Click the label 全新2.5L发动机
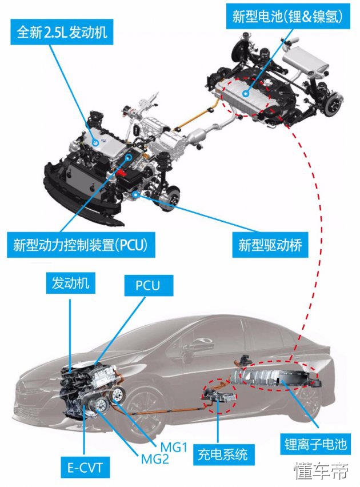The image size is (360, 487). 62,33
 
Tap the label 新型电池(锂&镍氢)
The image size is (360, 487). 287,17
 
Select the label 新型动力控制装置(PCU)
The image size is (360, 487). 80,246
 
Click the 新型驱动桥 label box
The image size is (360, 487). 270,246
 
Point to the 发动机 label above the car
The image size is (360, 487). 70,284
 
